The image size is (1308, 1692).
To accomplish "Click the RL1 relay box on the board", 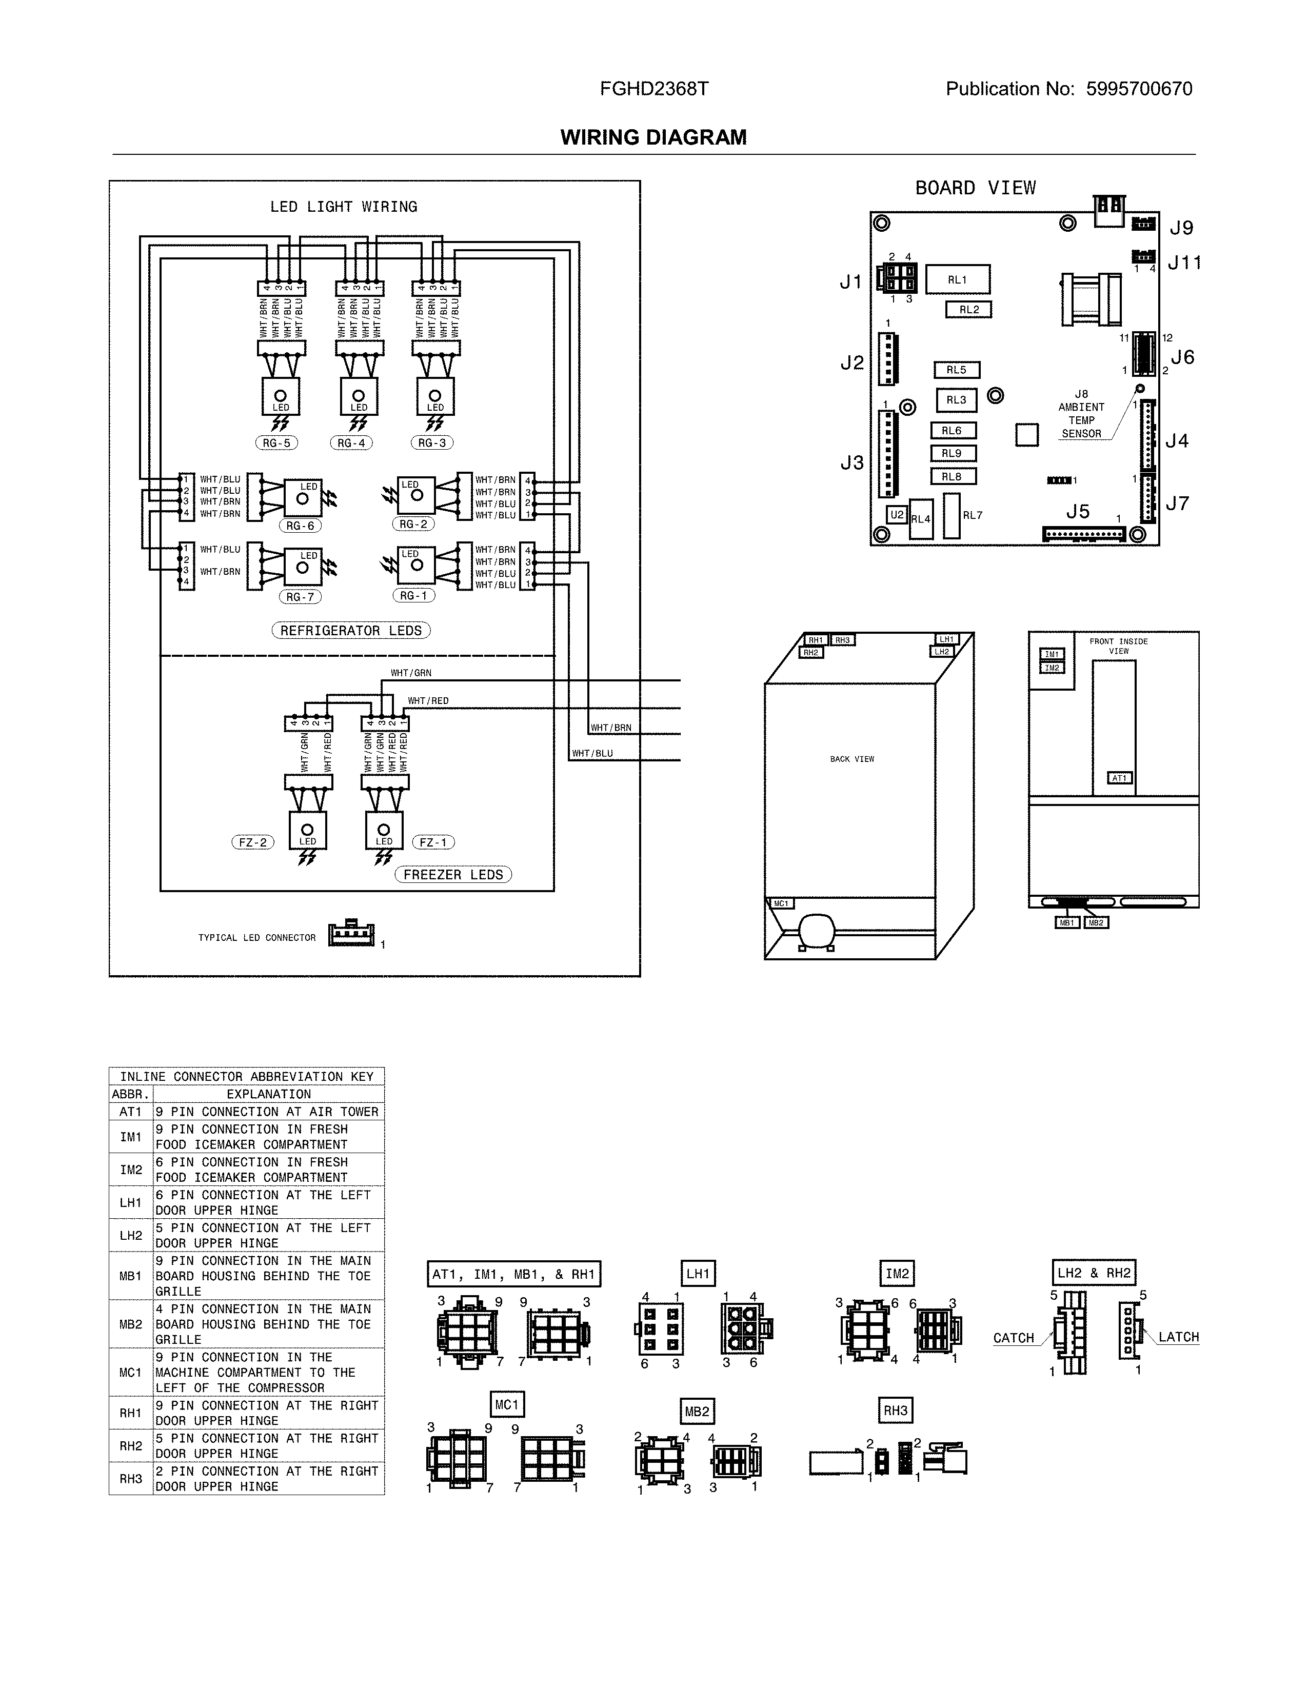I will coord(957,279).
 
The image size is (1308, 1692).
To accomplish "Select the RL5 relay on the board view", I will coord(956,370).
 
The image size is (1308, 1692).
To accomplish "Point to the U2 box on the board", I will coord(897,514).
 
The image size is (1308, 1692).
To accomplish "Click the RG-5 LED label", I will coord(276,443).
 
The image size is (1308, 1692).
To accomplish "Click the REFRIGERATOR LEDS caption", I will coord(351,631).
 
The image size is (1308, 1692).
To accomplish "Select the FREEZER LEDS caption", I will coord(453,875).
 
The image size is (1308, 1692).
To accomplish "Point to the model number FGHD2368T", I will coord(654,89).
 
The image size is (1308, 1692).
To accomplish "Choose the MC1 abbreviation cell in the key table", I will coord(130,1372).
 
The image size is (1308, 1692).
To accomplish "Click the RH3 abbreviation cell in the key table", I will coord(130,1478).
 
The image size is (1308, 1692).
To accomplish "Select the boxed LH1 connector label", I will coord(698,1273).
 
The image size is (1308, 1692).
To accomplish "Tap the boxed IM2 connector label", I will coord(897,1273).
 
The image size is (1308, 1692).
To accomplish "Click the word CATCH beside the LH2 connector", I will coord(1014,1338).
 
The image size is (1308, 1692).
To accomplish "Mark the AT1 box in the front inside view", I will coord(1120,778).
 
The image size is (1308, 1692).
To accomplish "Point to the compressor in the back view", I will coord(817,930).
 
